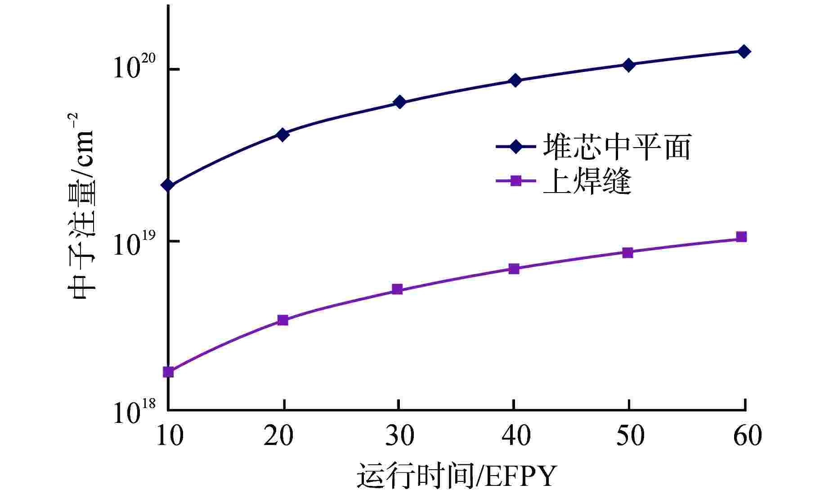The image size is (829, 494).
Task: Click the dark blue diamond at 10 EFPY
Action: click(168, 185)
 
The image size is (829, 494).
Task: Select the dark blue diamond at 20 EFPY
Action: click(282, 134)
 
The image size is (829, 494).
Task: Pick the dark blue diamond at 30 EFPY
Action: click(399, 102)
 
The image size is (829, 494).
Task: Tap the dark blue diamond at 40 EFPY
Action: click(515, 81)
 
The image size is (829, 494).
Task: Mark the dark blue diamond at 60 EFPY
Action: click(744, 51)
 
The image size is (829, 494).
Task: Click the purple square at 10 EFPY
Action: click(168, 372)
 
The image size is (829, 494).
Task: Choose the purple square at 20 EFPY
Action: click(282, 320)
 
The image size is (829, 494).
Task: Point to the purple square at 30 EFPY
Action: click(397, 289)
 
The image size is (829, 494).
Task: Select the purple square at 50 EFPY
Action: click(628, 252)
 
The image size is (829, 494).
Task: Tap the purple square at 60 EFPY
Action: click(741, 237)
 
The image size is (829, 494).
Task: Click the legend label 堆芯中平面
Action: click(616, 147)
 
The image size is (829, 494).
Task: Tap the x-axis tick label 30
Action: click(399, 436)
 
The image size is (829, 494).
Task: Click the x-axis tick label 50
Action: click(630, 436)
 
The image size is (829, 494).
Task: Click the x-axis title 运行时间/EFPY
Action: click(457, 476)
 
